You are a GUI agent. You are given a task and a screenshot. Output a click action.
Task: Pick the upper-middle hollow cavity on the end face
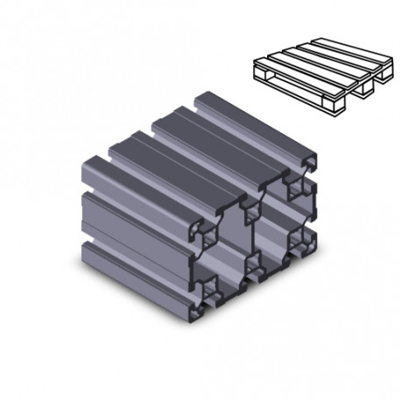(x=254, y=210)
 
